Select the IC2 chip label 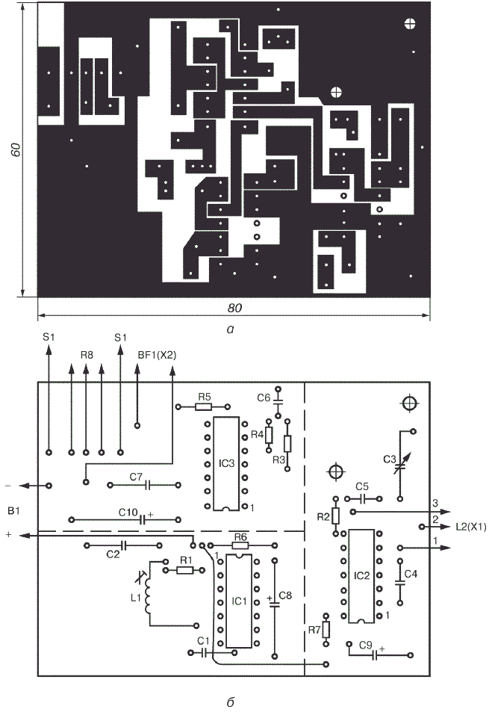pos(361,576)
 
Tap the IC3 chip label pos(227,464)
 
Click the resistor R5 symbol pos(203,407)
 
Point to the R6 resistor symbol pos(240,545)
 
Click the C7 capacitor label pos(136,476)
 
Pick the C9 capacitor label pos(365,644)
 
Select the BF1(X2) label pos(156,355)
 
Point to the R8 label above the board pos(87,356)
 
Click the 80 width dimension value pos(235,308)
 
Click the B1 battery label pos(13,510)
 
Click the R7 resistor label pos(314,631)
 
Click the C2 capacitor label pos(113,554)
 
